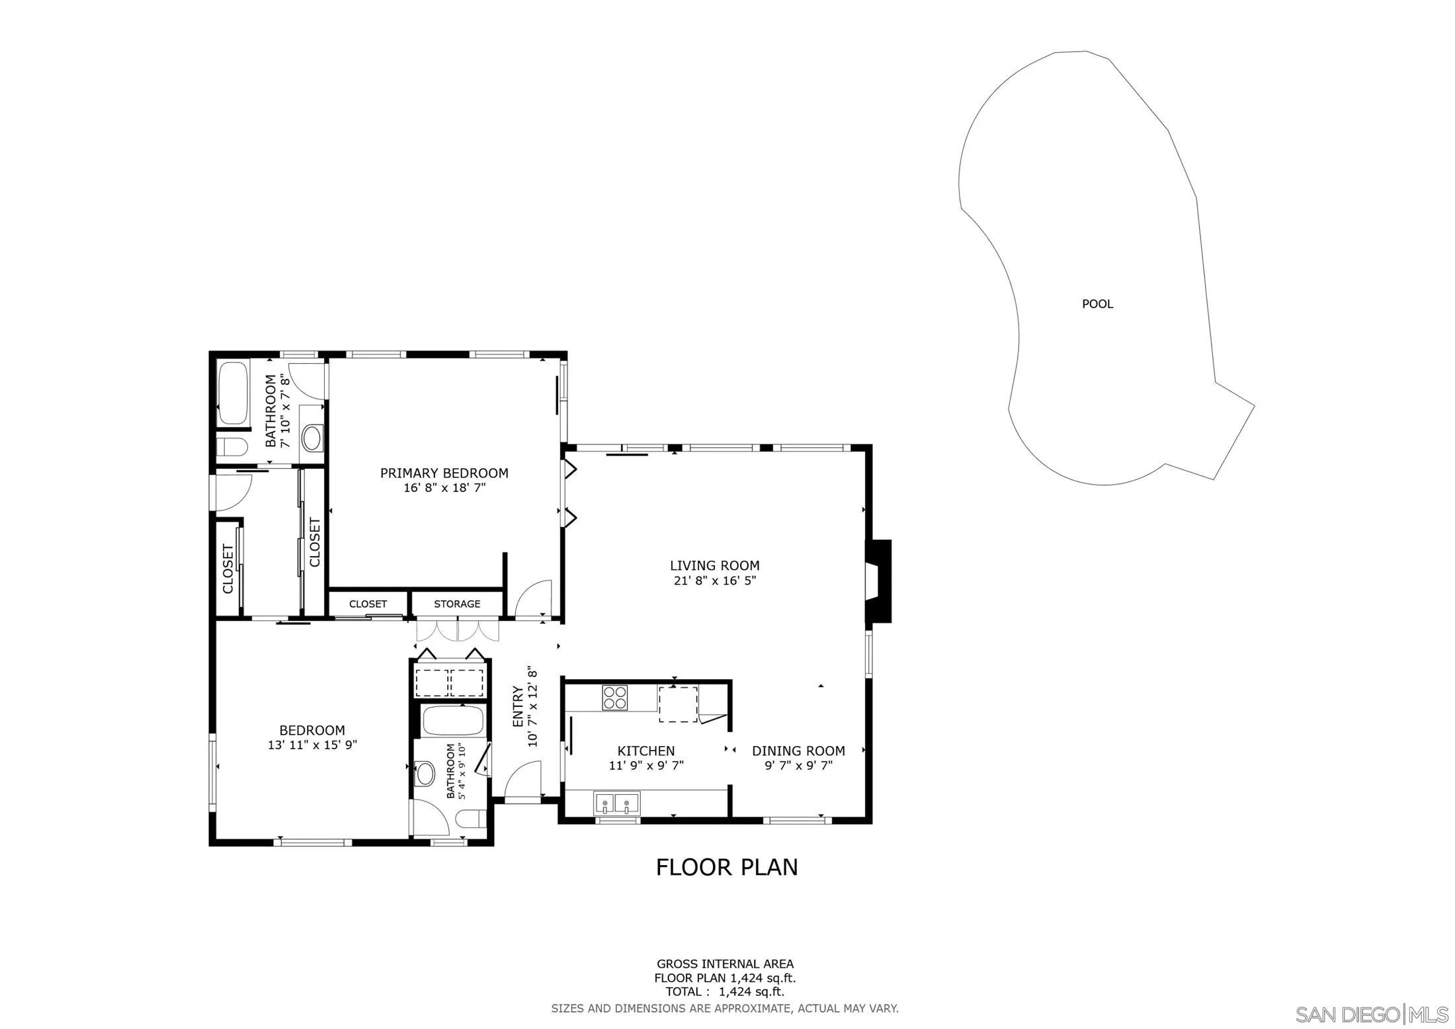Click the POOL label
1097,304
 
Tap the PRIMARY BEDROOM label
444,473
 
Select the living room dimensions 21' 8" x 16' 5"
714,581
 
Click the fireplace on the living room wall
879,581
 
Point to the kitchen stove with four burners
614,698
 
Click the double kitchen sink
616,803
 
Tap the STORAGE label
457,604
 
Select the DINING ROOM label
798,751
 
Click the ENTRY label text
519,707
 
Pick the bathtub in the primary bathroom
232,393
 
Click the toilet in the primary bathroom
231,448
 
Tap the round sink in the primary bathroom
312,438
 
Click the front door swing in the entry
522,780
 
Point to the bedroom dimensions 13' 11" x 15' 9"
312,745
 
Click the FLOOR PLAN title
726,867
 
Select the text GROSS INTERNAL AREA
725,964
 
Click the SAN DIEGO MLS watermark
1371,1014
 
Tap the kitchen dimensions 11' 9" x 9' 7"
645,766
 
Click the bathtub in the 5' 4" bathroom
452,721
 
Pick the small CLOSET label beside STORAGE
368,604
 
